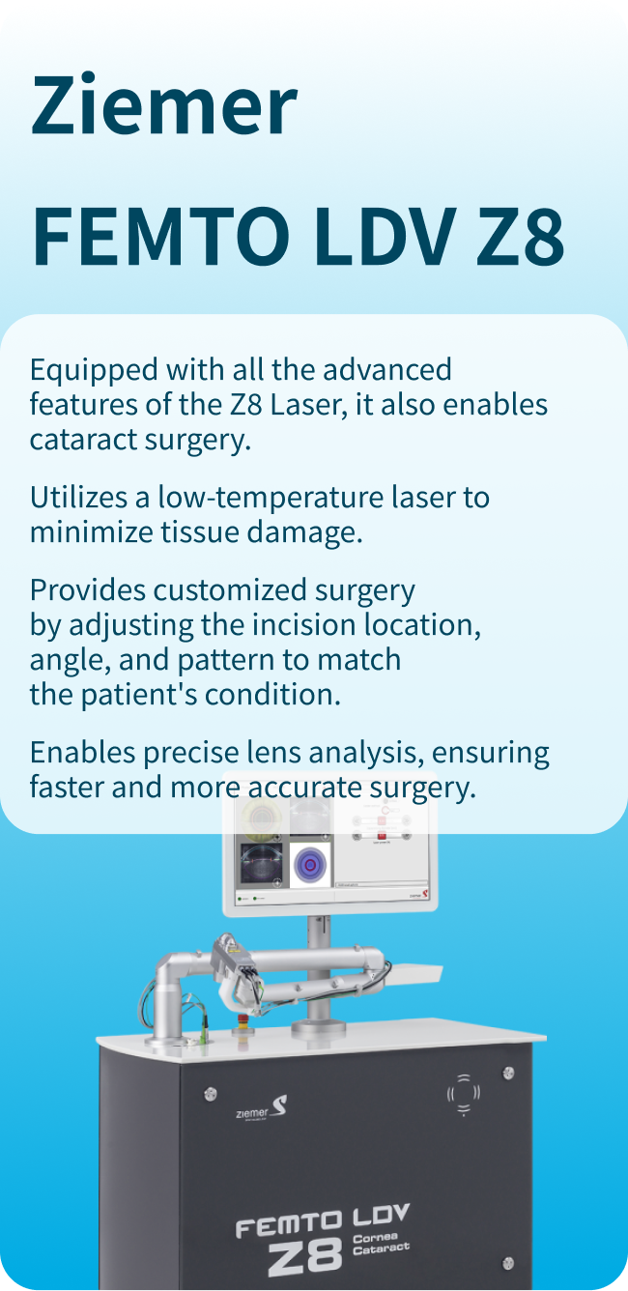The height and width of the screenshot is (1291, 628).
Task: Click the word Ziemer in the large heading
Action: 164,104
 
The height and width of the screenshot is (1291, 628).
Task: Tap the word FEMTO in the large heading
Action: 160,237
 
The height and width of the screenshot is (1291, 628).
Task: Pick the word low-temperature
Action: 271,498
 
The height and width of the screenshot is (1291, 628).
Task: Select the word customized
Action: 229,590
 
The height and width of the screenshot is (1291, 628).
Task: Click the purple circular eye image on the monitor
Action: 310,865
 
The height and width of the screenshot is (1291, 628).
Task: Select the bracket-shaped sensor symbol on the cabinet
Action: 463,1094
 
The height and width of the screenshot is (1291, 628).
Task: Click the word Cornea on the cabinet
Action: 375,1237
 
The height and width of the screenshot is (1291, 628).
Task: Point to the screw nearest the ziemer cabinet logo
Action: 211,1092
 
